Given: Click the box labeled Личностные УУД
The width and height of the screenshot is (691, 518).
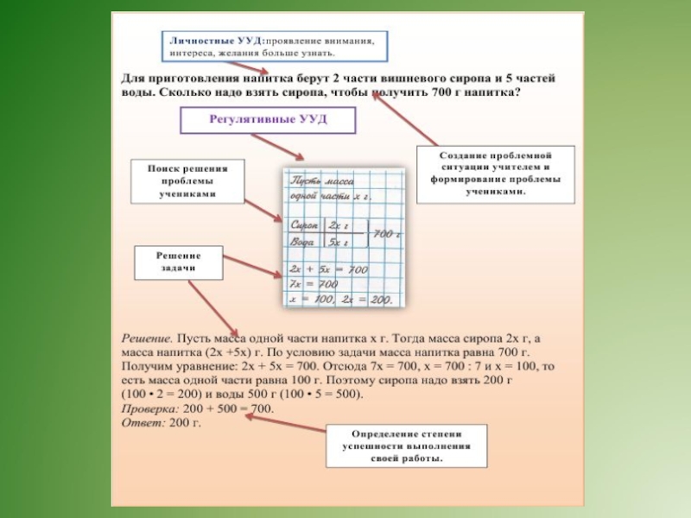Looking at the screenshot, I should [275, 47].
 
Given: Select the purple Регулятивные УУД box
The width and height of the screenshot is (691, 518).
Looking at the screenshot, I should [268, 119].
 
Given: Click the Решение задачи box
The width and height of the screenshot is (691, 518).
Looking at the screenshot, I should [179, 262].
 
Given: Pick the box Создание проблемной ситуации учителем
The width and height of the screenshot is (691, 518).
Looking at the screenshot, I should [496, 174].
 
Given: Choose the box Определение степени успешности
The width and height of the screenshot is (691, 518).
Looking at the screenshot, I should [405, 445].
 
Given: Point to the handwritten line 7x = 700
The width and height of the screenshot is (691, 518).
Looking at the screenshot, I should [315, 284].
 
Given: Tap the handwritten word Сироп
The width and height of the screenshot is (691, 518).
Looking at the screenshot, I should [307, 224].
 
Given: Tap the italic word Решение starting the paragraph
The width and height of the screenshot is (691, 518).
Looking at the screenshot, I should [144, 340].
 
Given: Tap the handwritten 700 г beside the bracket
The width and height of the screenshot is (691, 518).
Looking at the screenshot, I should [387, 234].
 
